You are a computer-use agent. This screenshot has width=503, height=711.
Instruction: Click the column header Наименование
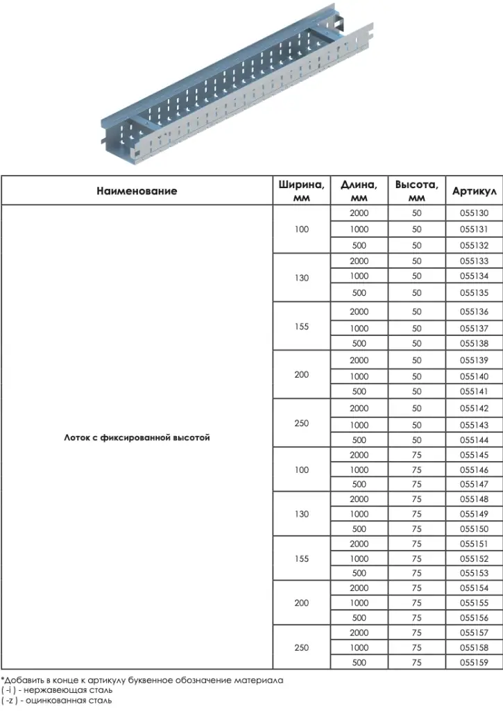(137, 191)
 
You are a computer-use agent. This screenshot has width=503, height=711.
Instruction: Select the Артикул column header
(475, 191)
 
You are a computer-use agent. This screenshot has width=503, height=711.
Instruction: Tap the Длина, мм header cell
(359, 191)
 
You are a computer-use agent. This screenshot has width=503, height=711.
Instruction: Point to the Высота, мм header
(416, 191)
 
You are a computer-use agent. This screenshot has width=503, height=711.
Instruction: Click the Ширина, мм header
(301, 191)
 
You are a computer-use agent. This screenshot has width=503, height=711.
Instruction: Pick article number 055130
(475, 213)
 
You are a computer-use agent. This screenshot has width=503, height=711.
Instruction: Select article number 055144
(475, 440)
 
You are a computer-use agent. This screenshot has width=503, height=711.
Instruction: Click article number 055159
(475, 663)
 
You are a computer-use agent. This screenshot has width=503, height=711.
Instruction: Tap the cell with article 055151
(475, 544)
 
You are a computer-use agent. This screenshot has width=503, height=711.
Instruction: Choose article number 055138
(475, 343)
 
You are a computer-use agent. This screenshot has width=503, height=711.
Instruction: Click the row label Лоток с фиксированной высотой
(137, 438)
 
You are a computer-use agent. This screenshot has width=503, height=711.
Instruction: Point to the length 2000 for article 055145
(359, 455)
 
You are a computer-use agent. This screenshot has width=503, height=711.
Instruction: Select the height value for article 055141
(416, 392)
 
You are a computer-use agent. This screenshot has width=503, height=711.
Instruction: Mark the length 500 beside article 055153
(359, 574)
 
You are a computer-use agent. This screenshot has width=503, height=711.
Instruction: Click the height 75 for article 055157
(416, 633)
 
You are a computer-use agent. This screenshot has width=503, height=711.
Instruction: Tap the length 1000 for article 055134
(359, 276)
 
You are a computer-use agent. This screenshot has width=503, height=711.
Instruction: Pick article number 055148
(475, 499)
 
